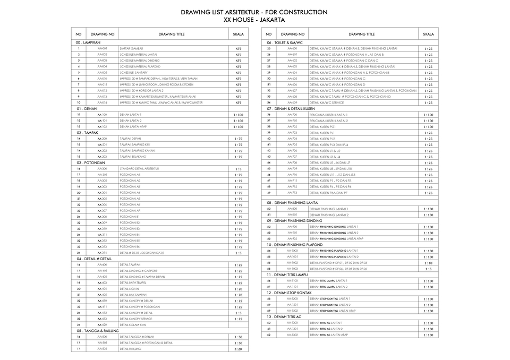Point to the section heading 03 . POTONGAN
[90, 162]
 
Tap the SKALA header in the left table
[239, 34]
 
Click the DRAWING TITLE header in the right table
[361, 34]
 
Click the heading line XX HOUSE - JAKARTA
[254, 20]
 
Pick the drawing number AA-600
[292, 48]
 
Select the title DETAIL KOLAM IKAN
[133, 324]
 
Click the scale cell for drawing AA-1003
[428, 269]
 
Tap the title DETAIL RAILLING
[131, 349]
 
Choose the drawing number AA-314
[103, 253]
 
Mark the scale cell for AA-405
[239, 295]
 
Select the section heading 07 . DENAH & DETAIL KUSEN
[291, 108]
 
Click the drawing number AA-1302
[292, 335]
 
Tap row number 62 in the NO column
[269, 335]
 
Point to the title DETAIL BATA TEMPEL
[133, 282]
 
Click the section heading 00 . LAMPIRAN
[88, 42]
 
